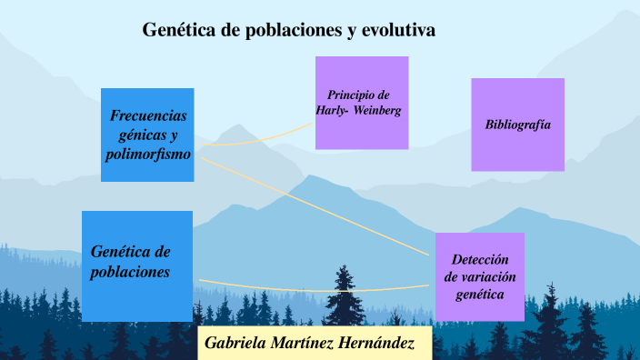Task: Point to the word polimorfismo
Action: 147,155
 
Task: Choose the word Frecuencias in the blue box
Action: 148,116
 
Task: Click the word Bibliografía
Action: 518,124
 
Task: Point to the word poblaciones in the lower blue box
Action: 131,272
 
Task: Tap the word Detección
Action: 478,259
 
